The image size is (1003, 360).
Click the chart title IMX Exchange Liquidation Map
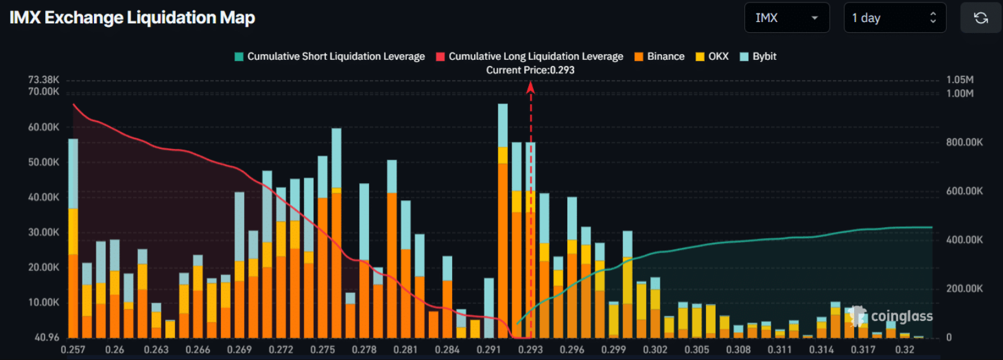coord(132,18)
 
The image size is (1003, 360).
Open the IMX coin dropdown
coord(786,18)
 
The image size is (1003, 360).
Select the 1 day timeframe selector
coord(894,18)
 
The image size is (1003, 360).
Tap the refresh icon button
coord(980,18)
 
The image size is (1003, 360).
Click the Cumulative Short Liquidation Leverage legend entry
coord(329,56)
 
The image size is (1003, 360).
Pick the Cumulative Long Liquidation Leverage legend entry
coord(530,56)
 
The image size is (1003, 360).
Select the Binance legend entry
coord(660,56)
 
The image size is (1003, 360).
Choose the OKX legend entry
coord(712,56)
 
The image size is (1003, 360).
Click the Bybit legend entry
coord(758,56)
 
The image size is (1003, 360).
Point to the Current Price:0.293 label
coord(530,70)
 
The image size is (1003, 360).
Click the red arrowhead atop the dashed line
coord(531,88)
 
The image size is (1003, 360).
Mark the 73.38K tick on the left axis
coord(43,80)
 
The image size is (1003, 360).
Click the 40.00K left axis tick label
coord(43,197)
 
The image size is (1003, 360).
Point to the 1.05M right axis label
coord(960,80)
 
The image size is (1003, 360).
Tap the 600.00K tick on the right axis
coord(964,191)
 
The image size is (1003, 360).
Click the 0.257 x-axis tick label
coord(73,350)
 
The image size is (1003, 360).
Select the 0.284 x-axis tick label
coord(447,350)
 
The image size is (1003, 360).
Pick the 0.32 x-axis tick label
coord(905,350)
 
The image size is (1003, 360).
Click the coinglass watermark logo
coord(892,316)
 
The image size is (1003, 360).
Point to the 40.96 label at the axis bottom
coord(47,337)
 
